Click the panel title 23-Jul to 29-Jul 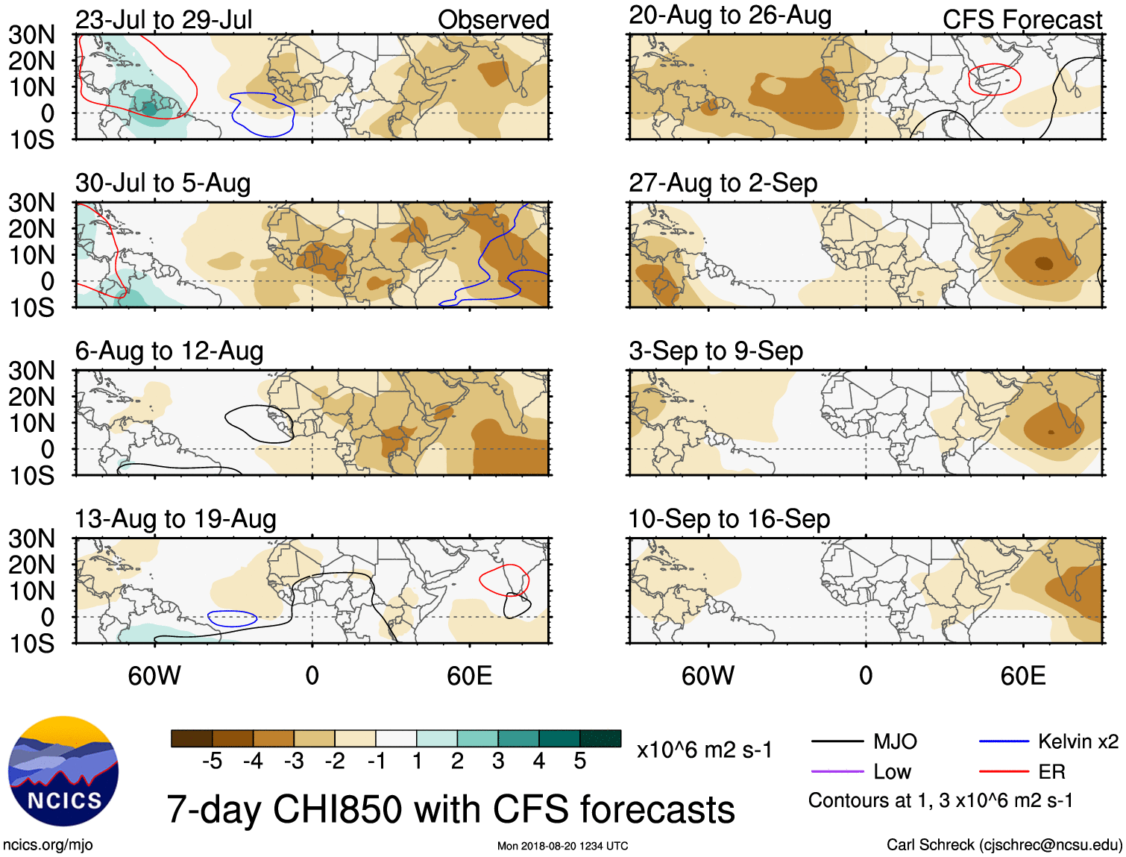[x=164, y=19]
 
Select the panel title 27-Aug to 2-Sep [x=723, y=183]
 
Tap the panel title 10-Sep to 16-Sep [x=729, y=518]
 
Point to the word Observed [x=493, y=20]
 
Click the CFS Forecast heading [x=1022, y=20]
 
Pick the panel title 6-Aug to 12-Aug [x=169, y=351]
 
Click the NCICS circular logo [x=63, y=770]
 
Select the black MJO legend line [x=837, y=741]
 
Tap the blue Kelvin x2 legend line [x=1004, y=741]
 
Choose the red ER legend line [x=1004, y=772]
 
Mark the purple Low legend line [x=837, y=772]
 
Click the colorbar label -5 [x=213, y=761]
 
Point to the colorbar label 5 [x=580, y=761]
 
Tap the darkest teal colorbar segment [x=600, y=738]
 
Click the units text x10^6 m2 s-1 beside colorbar [x=704, y=750]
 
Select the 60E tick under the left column [x=469, y=676]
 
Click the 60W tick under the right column [x=708, y=676]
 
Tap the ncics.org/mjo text [x=48, y=845]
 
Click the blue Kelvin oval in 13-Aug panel [x=232, y=618]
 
